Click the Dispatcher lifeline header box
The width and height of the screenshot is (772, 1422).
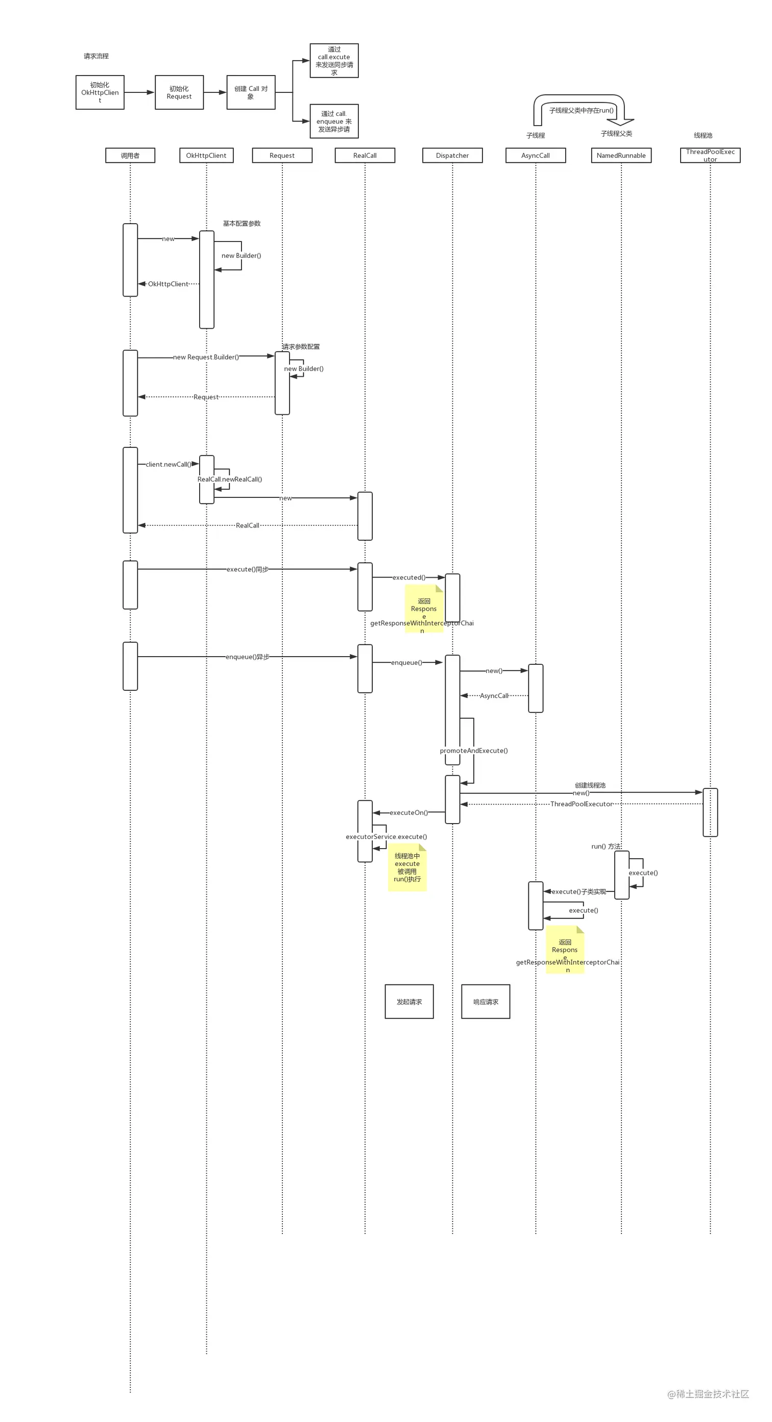coord(452,155)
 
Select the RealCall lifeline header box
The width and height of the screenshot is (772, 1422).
coord(365,155)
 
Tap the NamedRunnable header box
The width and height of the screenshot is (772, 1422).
coord(621,155)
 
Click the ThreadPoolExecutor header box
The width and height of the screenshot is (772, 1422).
coord(710,155)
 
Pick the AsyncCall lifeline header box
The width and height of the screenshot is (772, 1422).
coord(535,155)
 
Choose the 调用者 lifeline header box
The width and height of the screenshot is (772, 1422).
coord(130,155)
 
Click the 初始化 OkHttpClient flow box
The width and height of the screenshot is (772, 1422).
coord(100,92)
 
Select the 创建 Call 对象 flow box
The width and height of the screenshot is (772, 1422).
coord(251,92)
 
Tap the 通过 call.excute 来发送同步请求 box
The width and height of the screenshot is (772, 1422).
coord(334,61)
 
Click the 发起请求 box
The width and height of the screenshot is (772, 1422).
coord(409,1001)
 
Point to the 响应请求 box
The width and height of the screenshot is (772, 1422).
coord(486,1001)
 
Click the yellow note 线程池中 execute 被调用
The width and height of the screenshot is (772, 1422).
coord(407,867)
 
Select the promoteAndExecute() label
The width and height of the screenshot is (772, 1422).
coord(473,751)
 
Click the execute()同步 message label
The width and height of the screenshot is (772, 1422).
coord(247,569)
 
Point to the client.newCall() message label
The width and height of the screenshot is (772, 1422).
coord(168,464)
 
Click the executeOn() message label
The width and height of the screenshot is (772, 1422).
coord(408,812)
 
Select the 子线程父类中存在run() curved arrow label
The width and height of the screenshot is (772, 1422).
coord(581,110)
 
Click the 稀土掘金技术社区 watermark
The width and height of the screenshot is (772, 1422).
coord(709,1394)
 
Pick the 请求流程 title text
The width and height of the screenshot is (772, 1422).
coord(96,56)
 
